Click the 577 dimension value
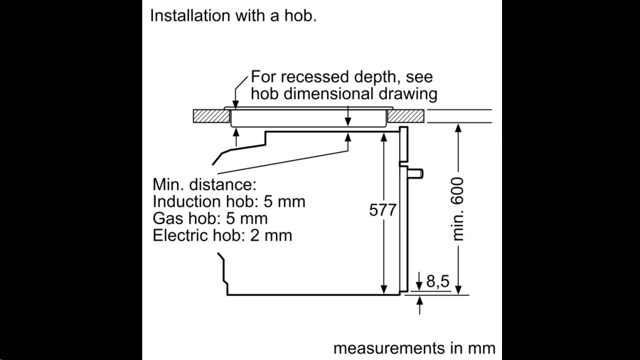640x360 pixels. click(x=383, y=210)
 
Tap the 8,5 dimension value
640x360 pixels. click(x=437, y=281)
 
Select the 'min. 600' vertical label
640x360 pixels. click(x=459, y=209)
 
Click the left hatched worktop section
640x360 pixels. click(x=211, y=116)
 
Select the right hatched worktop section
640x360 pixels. click(x=406, y=116)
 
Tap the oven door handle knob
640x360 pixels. click(x=416, y=174)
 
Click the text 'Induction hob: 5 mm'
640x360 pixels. click(x=229, y=201)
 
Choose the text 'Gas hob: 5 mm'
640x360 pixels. click(x=210, y=218)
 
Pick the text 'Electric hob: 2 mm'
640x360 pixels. click(x=223, y=235)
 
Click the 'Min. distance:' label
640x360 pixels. click(x=205, y=184)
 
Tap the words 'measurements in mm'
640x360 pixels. click(x=415, y=348)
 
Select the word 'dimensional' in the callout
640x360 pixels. click(x=329, y=93)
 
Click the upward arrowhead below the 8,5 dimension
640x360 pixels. click(x=420, y=301)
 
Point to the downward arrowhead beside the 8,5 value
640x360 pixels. click(x=419, y=286)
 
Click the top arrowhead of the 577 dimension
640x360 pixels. click(x=384, y=137)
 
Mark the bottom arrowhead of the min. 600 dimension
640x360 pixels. click(x=459, y=290)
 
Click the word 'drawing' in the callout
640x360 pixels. click(x=408, y=94)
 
